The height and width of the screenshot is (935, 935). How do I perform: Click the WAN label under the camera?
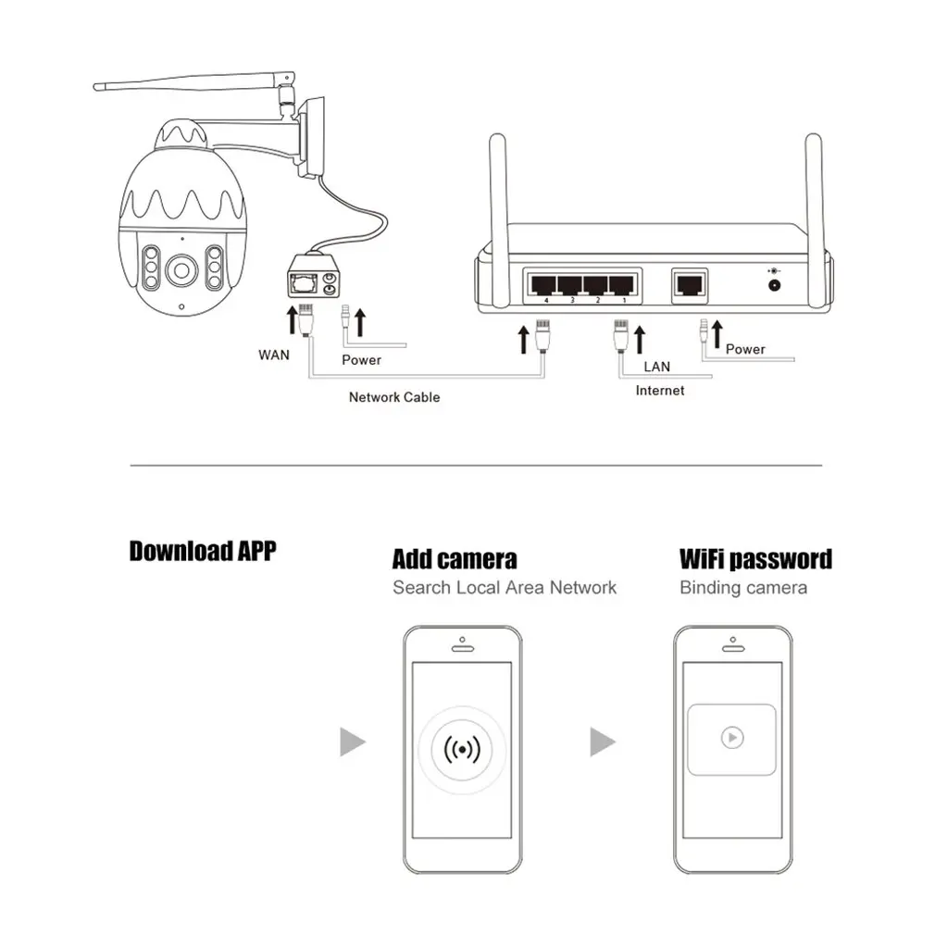(273, 354)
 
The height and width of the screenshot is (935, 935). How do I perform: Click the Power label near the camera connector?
(360, 359)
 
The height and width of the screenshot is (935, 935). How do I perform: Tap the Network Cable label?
(393, 397)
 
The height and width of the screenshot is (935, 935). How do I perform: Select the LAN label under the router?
(656, 367)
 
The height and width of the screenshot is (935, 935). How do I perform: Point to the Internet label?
(659, 391)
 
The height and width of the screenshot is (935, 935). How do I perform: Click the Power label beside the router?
(745, 349)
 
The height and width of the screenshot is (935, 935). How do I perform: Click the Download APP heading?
(202, 552)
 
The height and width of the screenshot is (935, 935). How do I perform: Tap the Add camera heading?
(455, 559)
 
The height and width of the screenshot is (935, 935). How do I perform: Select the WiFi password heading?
(755, 559)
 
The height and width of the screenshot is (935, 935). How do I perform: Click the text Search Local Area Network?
(504, 587)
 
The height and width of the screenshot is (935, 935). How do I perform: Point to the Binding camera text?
(742, 587)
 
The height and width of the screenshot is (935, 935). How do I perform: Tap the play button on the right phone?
(731, 738)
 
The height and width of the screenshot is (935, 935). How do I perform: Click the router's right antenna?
(815, 213)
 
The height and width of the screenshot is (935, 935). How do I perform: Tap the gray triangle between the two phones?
(603, 742)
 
